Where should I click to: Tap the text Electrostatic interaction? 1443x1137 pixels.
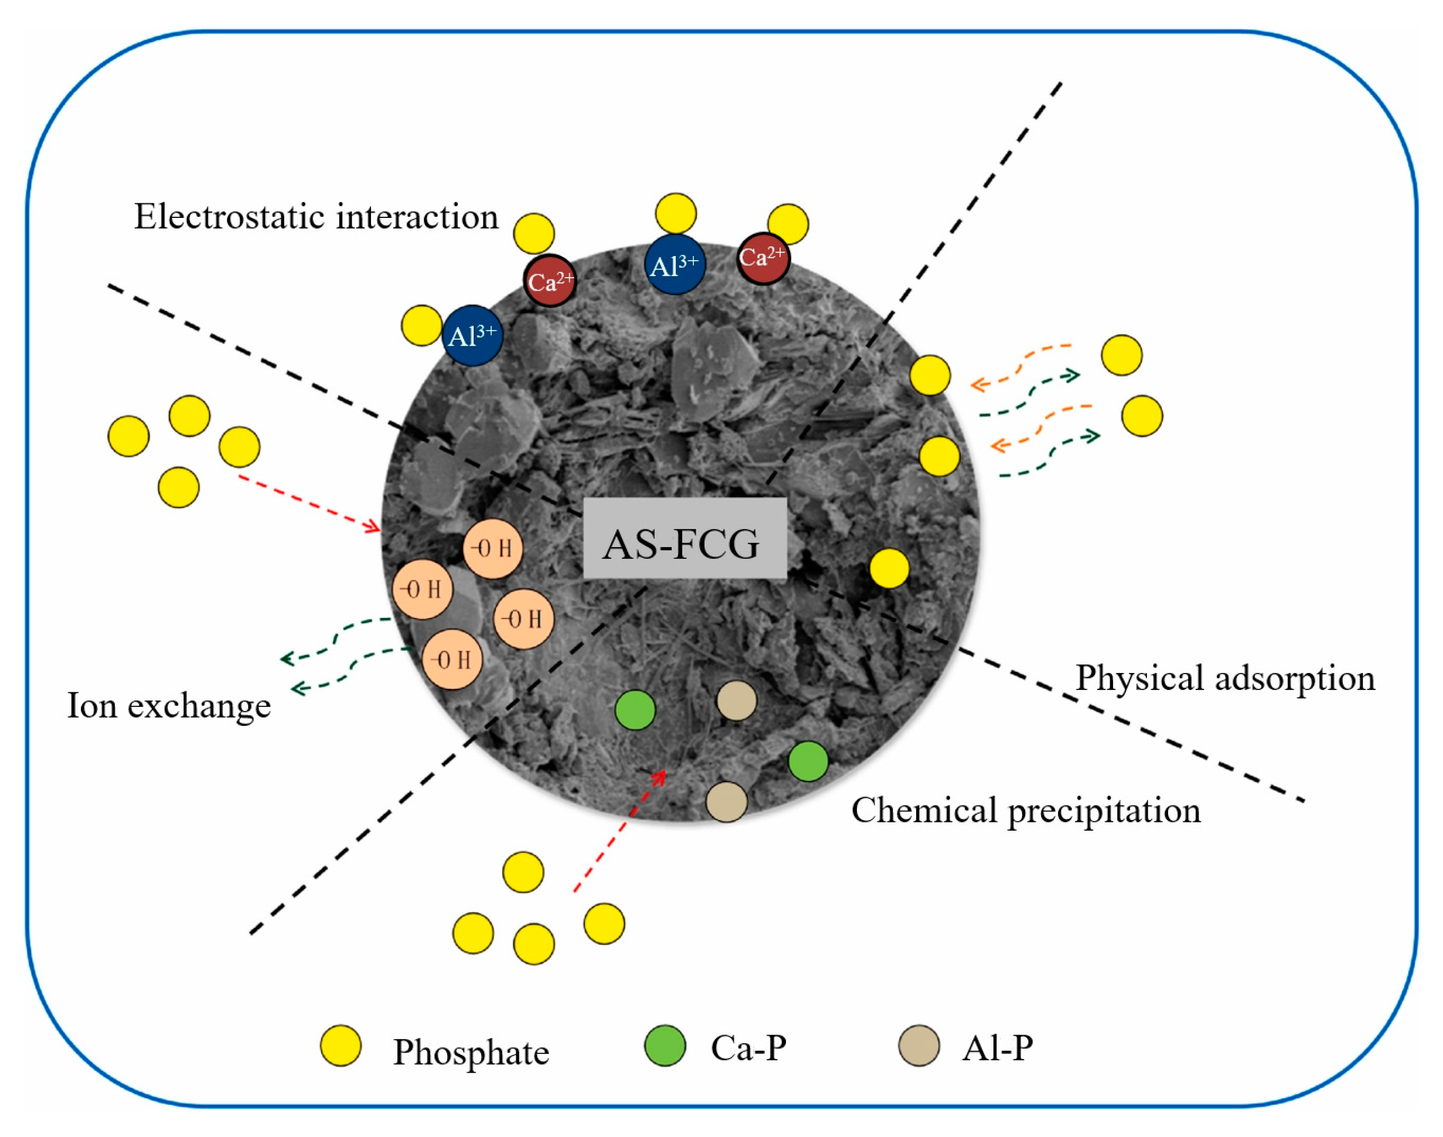316,216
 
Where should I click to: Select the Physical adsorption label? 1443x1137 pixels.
1225,678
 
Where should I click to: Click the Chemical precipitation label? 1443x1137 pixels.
1026,810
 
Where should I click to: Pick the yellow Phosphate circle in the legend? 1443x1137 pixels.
341,1046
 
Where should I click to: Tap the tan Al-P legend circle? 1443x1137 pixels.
919,1046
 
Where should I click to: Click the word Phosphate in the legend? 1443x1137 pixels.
471,1052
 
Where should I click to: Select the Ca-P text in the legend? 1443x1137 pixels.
748,1047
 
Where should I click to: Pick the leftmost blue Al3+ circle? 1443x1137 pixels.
472,336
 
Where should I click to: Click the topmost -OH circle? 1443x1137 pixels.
493,548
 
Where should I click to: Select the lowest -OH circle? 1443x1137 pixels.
452,659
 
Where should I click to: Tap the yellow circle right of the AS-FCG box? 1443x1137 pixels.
889,568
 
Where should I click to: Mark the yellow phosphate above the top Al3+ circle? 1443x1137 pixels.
676,214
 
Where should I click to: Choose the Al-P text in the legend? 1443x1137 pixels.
997,1047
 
